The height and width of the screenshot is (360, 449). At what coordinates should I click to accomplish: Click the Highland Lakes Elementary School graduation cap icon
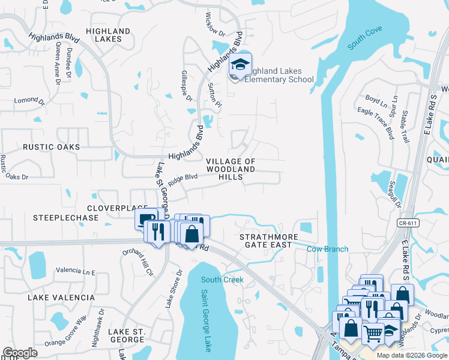(241, 64)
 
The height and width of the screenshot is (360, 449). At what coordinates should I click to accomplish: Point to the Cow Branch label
(327, 249)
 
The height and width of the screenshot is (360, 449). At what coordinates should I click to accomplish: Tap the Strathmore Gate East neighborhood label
(269, 241)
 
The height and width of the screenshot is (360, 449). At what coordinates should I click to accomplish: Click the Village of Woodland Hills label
(231, 166)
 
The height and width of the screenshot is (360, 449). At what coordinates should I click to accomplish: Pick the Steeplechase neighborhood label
(65, 218)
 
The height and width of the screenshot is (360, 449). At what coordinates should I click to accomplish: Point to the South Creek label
(222, 280)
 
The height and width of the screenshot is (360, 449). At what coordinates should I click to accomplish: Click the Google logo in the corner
(20, 353)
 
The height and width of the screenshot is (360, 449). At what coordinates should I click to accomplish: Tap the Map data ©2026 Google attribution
(411, 355)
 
